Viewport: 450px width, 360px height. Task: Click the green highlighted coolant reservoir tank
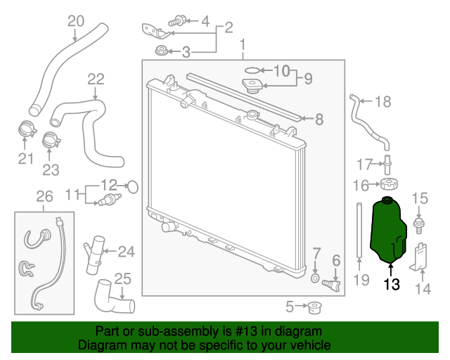point(387,230)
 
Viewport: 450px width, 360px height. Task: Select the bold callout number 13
point(392,285)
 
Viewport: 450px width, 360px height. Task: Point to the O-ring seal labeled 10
point(252,70)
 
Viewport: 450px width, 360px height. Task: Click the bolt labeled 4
point(177,20)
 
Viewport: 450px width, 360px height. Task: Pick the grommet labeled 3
point(161,51)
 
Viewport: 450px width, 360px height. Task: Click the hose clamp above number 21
point(27,129)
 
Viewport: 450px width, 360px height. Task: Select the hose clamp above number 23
point(51,140)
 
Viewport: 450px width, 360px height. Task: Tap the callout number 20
point(76,21)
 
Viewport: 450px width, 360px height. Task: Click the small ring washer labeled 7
point(315,278)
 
